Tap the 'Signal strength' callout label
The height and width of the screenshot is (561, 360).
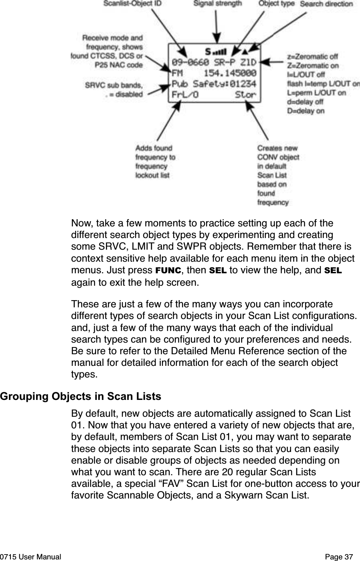218,4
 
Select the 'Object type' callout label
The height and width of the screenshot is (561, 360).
276,4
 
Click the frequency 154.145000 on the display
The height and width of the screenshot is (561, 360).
230,74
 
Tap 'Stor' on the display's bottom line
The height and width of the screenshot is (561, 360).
245,95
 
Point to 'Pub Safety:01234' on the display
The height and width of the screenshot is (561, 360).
214,85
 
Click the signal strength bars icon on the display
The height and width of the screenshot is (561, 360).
220,52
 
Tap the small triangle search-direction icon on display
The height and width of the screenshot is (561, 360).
244,51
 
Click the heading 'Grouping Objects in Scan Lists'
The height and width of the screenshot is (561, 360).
81,397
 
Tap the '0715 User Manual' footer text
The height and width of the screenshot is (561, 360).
31,557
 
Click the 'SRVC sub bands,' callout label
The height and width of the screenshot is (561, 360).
113,85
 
